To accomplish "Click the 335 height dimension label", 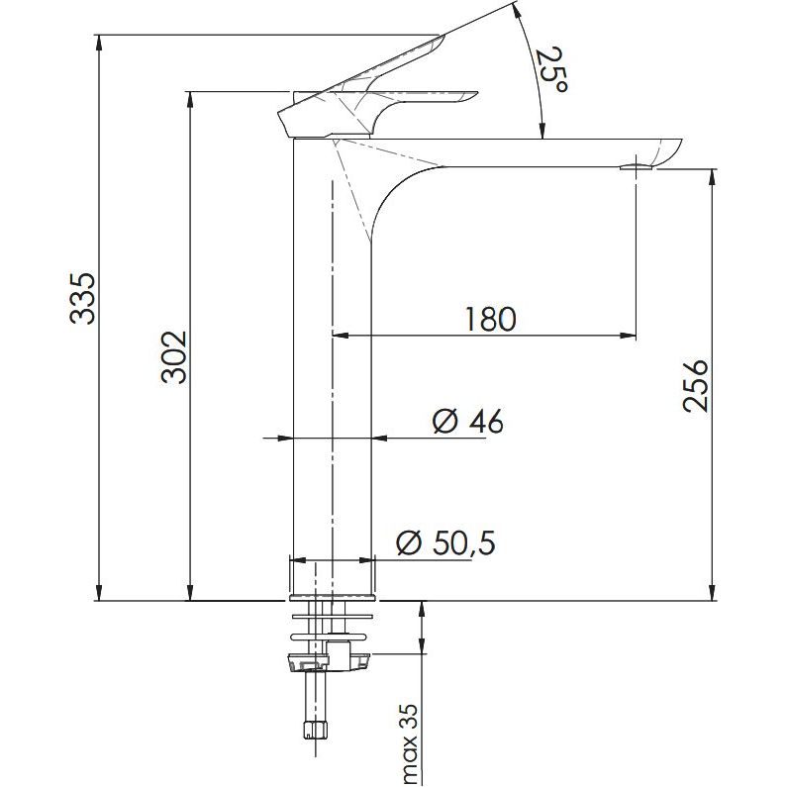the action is pos(82,299).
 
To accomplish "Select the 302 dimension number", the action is pos(173,356).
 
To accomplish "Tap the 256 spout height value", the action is pos(696,385).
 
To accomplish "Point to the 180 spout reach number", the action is pos(490,319).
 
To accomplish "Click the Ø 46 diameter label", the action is pos(467,421).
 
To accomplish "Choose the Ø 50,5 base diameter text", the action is pos(445,542).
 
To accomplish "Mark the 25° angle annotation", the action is pos(551,69).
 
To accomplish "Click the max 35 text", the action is pos(411,743).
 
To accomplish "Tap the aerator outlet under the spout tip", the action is pos(637,167).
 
